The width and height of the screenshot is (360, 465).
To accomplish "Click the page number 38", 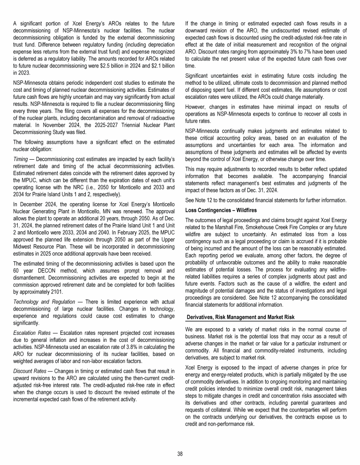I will click(x=180, y=453).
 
